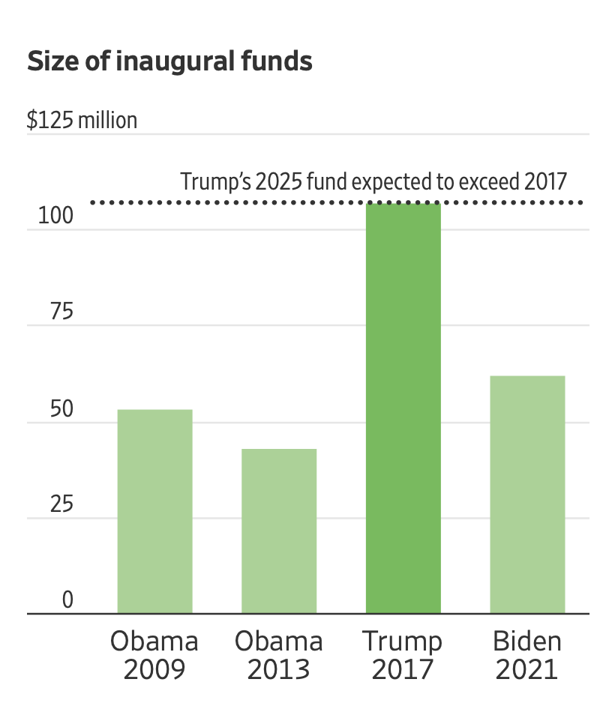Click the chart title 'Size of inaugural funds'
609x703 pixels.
(169, 61)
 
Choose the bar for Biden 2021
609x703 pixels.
(527, 495)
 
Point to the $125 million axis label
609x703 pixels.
(82, 120)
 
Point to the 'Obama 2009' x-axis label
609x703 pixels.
(154, 655)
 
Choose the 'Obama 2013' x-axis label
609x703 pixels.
(279, 655)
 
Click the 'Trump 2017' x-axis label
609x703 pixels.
(403, 655)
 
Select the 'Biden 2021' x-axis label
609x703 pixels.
(527, 655)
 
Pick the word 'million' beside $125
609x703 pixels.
(107, 120)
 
